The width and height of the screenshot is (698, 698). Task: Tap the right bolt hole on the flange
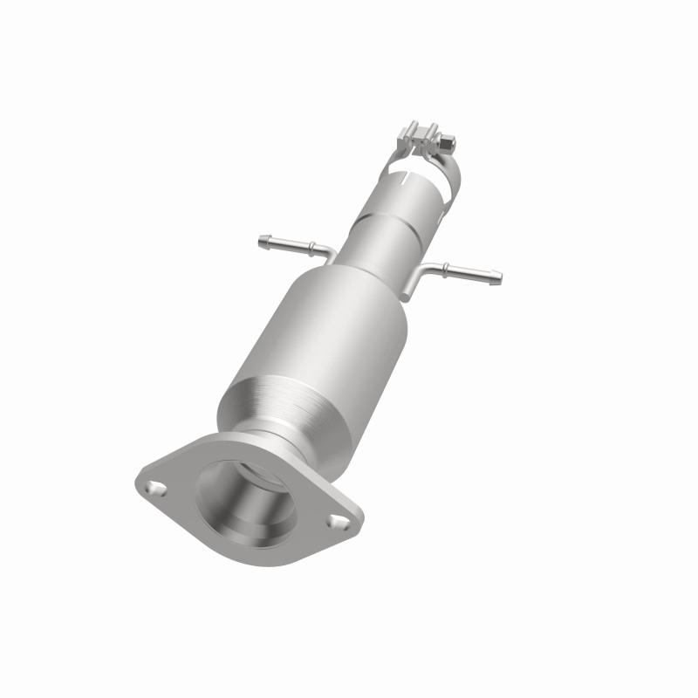click(336, 522)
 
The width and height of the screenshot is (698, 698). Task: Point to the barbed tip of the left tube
click(263, 239)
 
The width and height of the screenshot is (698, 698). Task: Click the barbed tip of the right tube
click(495, 278)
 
